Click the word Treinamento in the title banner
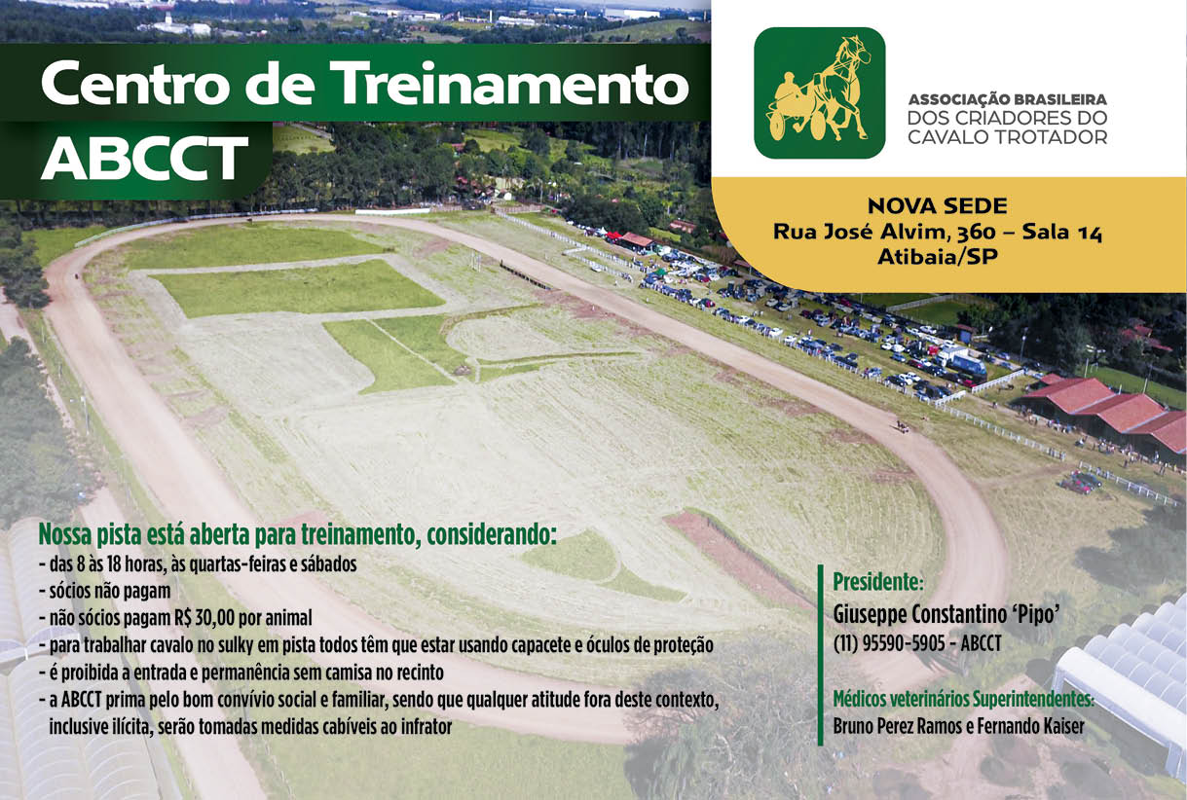click(x=513, y=83)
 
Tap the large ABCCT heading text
click(x=145, y=158)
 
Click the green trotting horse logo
click(x=819, y=92)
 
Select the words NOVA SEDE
click(x=938, y=206)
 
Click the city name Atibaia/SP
click(x=938, y=257)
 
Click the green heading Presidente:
click(x=878, y=582)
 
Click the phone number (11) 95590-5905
click(x=889, y=643)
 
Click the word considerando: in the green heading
click(x=492, y=535)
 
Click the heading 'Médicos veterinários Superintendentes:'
click(x=963, y=700)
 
